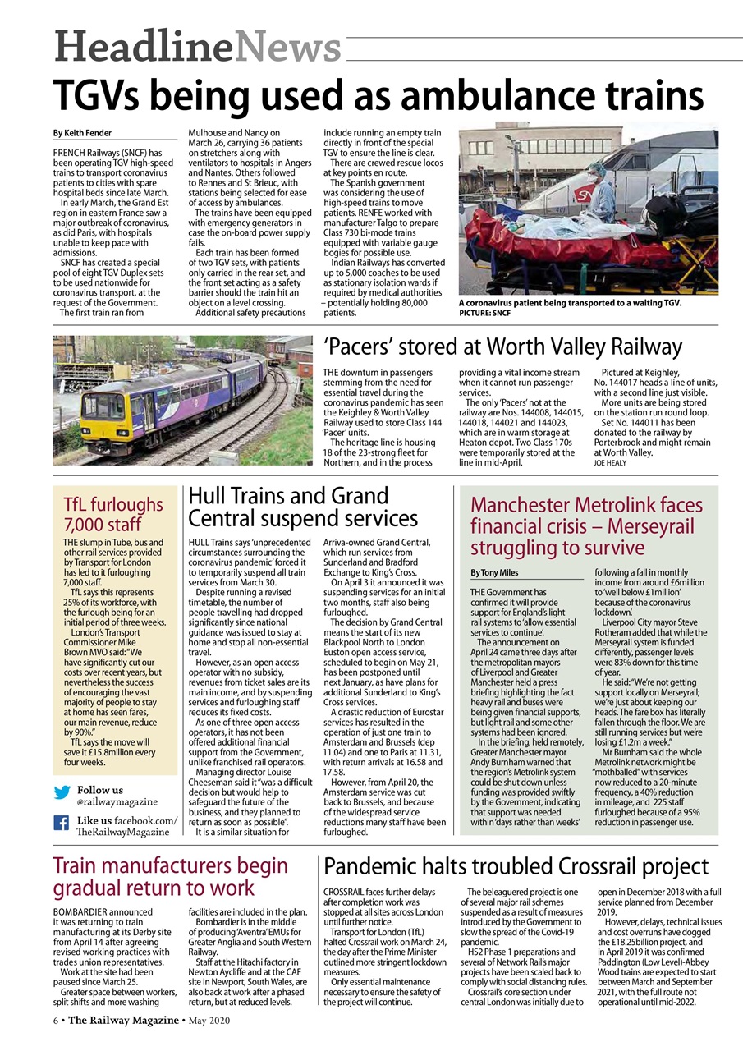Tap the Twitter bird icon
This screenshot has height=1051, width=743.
(62, 792)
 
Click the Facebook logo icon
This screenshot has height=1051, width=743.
(62, 823)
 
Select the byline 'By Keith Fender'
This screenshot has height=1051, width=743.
(83, 133)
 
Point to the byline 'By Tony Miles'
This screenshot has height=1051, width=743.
(494, 572)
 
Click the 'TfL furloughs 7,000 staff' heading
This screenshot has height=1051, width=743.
(113, 514)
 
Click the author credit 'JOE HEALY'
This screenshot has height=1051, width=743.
(609, 463)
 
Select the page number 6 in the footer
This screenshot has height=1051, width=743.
(56, 1021)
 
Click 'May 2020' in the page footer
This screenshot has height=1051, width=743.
(209, 1021)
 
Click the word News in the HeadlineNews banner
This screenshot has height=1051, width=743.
(287, 45)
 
